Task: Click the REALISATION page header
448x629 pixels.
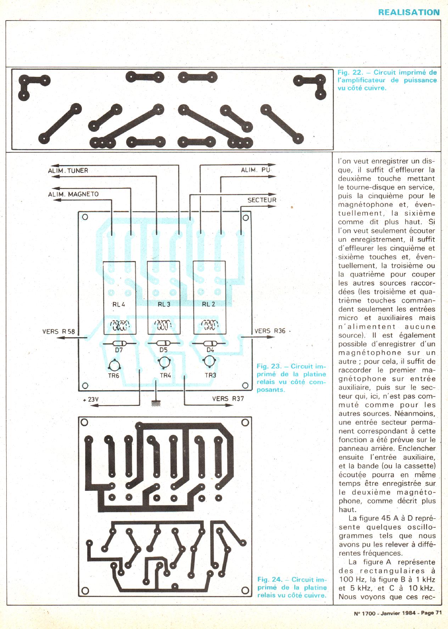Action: click(x=409, y=12)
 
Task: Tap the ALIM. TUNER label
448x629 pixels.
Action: click(x=68, y=170)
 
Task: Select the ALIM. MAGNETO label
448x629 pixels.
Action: click(x=73, y=194)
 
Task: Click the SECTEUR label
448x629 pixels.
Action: click(x=262, y=200)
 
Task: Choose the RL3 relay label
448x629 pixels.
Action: click(x=164, y=304)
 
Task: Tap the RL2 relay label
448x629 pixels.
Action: click(x=208, y=304)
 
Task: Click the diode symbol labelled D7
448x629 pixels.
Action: click(x=119, y=344)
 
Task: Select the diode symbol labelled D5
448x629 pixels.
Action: click(x=163, y=344)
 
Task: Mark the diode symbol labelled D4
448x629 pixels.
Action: click(x=209, y=344)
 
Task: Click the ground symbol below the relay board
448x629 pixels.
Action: click(x=155, y=403)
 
